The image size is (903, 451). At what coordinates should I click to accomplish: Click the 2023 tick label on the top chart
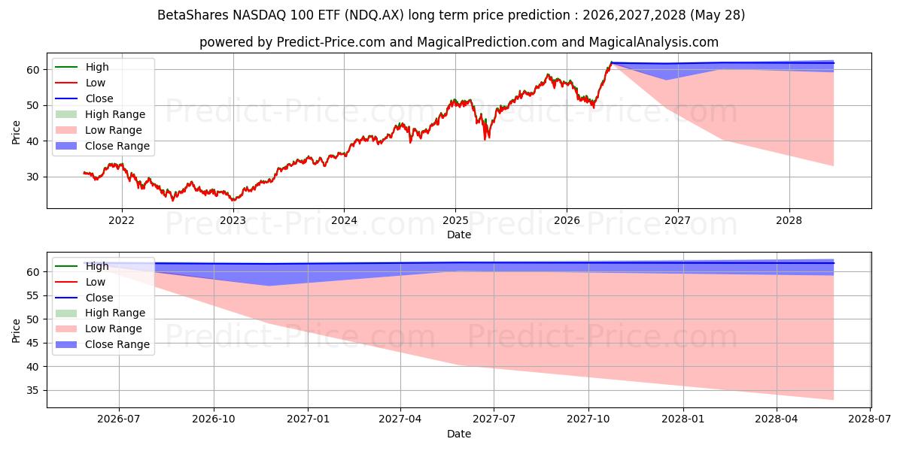[x=233, y=220]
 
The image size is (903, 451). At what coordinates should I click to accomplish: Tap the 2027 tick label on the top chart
[x=678, y=220]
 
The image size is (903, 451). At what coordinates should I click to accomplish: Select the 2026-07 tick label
[x=119, y=419]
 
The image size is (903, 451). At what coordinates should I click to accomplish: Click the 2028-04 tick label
[x=777, y=419]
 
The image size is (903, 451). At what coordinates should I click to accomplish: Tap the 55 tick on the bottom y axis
[x=32, y=295]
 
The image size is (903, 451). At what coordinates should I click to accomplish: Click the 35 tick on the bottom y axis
[x=32, y=390]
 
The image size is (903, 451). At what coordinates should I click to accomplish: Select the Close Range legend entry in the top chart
[x=102, y=146]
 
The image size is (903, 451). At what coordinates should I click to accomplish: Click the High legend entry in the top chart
[x=82, y=67]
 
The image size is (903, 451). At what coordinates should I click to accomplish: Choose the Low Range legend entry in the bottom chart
[x=99, y=328]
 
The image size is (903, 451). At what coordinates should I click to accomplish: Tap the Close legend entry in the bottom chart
[x=84, y=298]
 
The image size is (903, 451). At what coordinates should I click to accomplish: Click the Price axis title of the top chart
[x=16, y=132]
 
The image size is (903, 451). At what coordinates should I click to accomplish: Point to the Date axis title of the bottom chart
[x=459, y=434]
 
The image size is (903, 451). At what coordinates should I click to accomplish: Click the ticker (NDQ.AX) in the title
[x=374, y=15]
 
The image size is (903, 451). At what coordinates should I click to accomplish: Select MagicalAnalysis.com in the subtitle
[x=653, y=42]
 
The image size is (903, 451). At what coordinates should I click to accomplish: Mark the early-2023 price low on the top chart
[x=233, y=199]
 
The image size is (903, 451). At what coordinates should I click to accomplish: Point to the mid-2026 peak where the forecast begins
[x=611, y=62]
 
